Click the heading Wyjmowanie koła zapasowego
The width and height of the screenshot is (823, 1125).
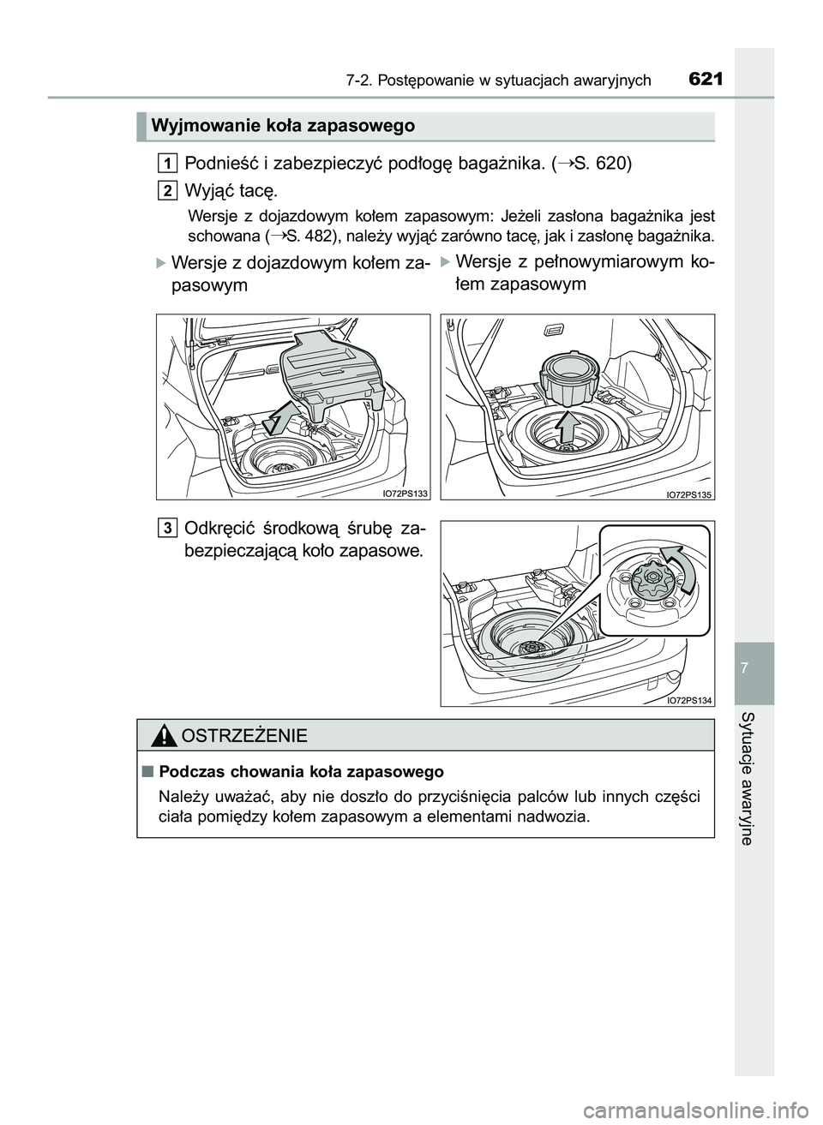[x=283, y=126]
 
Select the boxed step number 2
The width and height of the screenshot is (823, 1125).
[x=169, y=188]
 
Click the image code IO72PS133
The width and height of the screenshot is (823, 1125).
[x=405, y=493]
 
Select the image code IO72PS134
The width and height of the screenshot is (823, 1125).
[x=689, y=700]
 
